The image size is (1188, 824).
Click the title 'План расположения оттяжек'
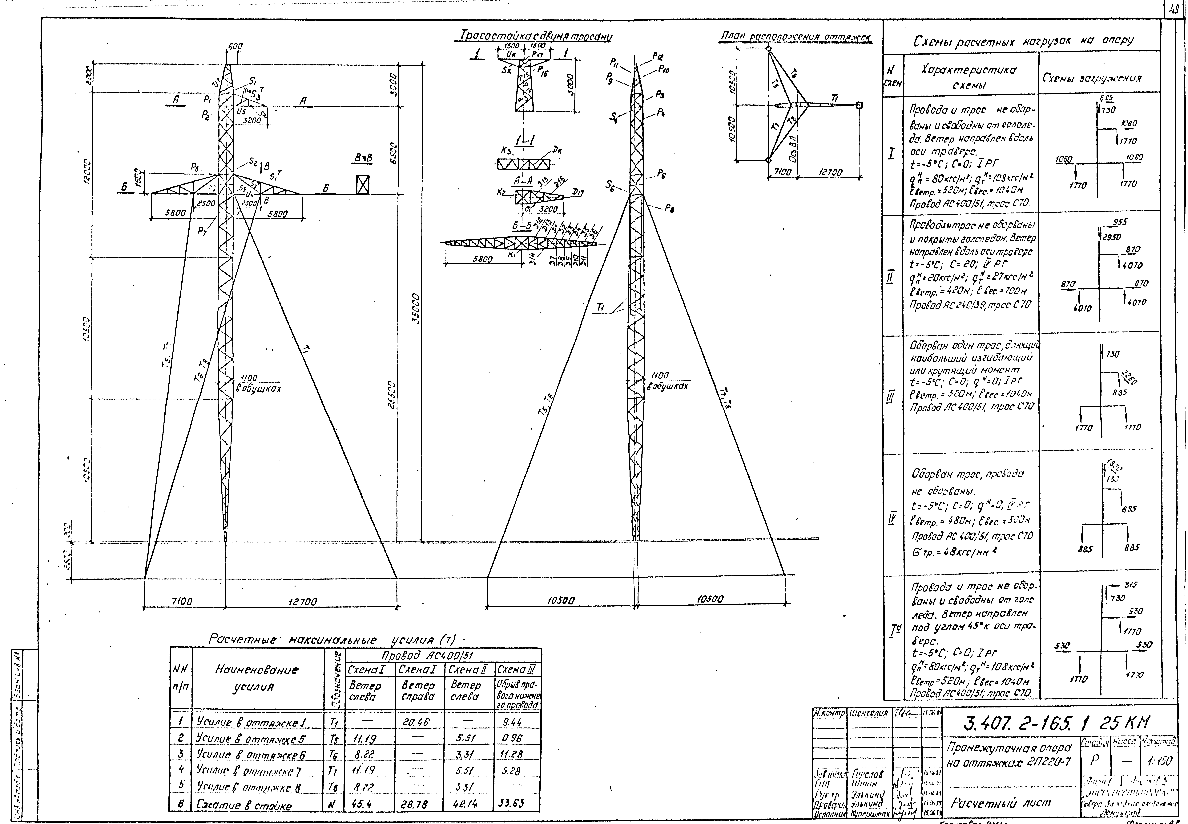795,37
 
